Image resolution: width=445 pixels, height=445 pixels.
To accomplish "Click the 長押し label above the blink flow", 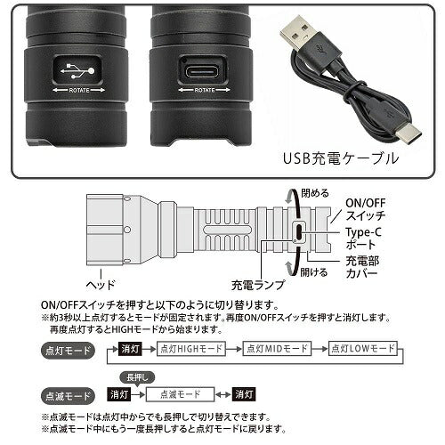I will [133, 376].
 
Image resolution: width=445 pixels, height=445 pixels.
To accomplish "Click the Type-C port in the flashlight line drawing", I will [298, 232].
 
